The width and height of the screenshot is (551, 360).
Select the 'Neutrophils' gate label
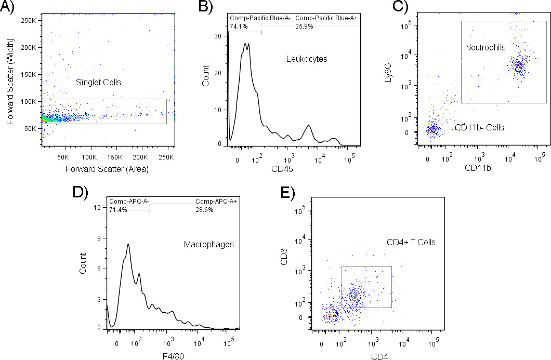(x=482, y=47)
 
